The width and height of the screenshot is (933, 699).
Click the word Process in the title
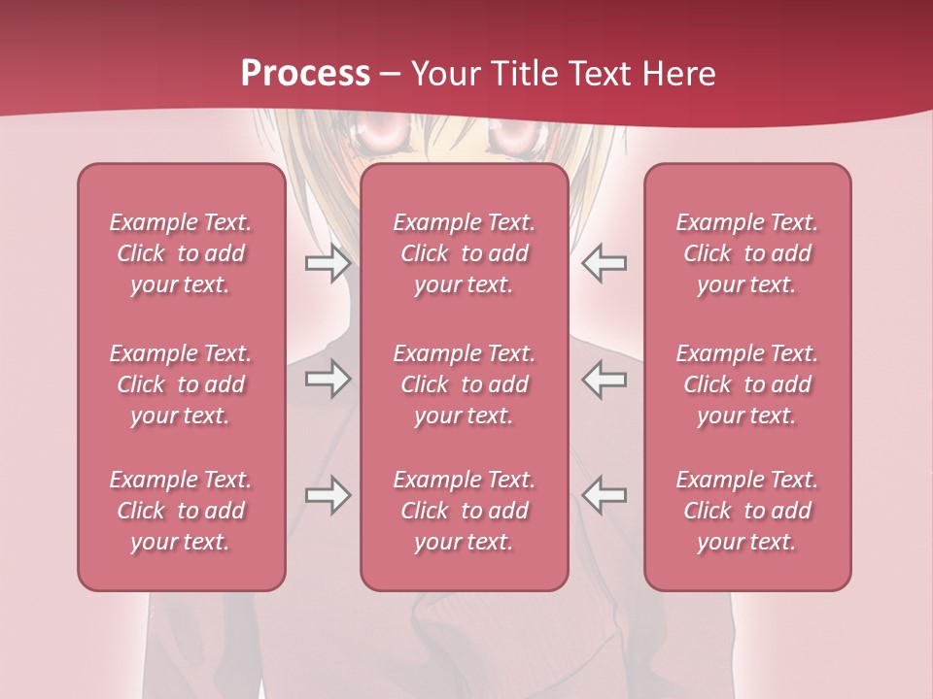point(305,74)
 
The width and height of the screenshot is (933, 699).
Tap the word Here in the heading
point(678,74)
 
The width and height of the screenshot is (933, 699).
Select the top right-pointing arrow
point(328,263)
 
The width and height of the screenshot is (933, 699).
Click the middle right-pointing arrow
point(328,379)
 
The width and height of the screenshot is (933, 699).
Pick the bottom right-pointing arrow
point(328,495)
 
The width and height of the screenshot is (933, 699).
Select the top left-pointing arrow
point(604,263)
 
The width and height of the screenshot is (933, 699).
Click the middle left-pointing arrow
point(604,379)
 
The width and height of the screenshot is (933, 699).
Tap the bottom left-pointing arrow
point(604,495)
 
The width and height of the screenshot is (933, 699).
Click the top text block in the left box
point(181,253)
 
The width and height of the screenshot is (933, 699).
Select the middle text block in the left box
point(181,384)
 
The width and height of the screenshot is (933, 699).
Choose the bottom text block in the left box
point(181,511)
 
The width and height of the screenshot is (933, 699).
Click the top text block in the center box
point(465,253)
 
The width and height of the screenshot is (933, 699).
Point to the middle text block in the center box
point(465,384)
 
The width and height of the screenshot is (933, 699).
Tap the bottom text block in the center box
point(465,511)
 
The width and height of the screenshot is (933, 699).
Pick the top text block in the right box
point(747,253)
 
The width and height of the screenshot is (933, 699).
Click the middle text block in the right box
point(747,384)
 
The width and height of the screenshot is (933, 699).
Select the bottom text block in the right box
point(747,511)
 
